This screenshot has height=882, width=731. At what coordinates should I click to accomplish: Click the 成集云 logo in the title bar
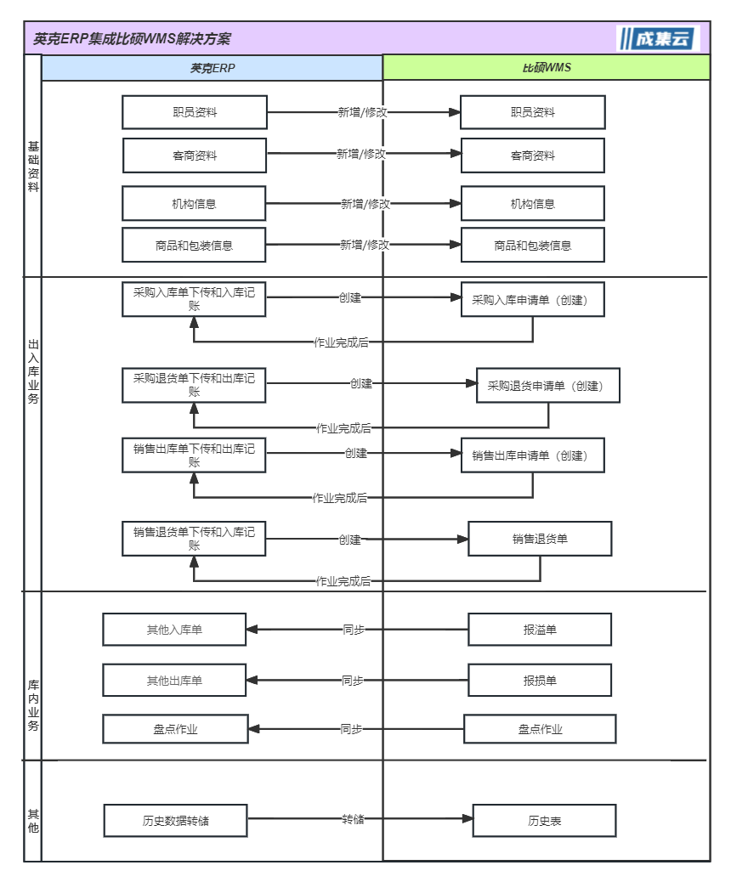(658, 38)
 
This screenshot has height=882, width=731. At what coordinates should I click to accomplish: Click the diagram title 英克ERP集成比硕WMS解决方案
(132, 39)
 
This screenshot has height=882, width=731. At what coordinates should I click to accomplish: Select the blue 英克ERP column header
(212, 68)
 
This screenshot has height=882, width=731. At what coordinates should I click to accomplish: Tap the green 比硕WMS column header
(547, 67)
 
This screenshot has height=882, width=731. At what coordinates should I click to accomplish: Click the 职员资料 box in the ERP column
(195, 112)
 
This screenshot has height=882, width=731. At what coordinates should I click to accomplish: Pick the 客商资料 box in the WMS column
(533, 155)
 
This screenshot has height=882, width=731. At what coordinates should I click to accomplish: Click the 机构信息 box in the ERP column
(194, 204)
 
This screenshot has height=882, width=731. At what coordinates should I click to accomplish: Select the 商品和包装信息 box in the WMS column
(533, 246)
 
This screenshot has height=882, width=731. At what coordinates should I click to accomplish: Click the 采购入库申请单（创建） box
(533, 300)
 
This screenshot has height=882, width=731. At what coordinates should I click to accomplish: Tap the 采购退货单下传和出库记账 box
(194, 385)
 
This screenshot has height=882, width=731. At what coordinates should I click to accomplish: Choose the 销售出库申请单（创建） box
(533, 455)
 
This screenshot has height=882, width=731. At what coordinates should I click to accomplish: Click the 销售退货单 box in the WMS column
(541, 539)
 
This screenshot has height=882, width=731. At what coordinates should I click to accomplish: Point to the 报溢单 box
(541, 630)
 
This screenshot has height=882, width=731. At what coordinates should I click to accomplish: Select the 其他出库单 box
(174, 681)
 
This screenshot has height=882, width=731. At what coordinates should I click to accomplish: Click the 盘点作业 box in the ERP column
(176, 729)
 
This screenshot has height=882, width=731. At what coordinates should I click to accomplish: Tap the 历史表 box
(545, 821)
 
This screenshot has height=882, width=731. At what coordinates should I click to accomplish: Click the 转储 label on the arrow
(353, 819)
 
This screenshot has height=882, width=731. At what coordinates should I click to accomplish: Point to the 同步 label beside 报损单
(352, 681)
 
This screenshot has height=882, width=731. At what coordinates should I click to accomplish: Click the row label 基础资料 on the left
(33, 167)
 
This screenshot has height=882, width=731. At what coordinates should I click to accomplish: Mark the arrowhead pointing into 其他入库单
(252, 630)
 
